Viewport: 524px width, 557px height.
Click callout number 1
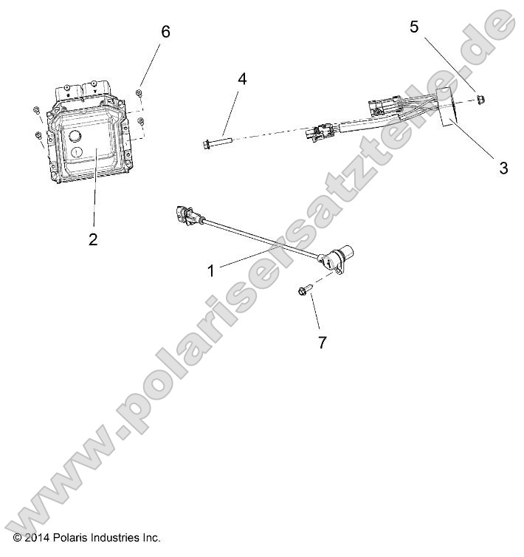coord(211,270)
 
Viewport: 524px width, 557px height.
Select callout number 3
coord(503,168)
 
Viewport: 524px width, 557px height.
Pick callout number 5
coord(414,27)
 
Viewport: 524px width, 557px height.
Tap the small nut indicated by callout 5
coord(480,98)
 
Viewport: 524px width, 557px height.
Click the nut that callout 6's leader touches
coord(139,92)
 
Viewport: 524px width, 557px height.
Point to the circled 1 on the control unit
coord(75,151)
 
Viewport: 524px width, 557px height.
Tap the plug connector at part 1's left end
coord(185,214)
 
